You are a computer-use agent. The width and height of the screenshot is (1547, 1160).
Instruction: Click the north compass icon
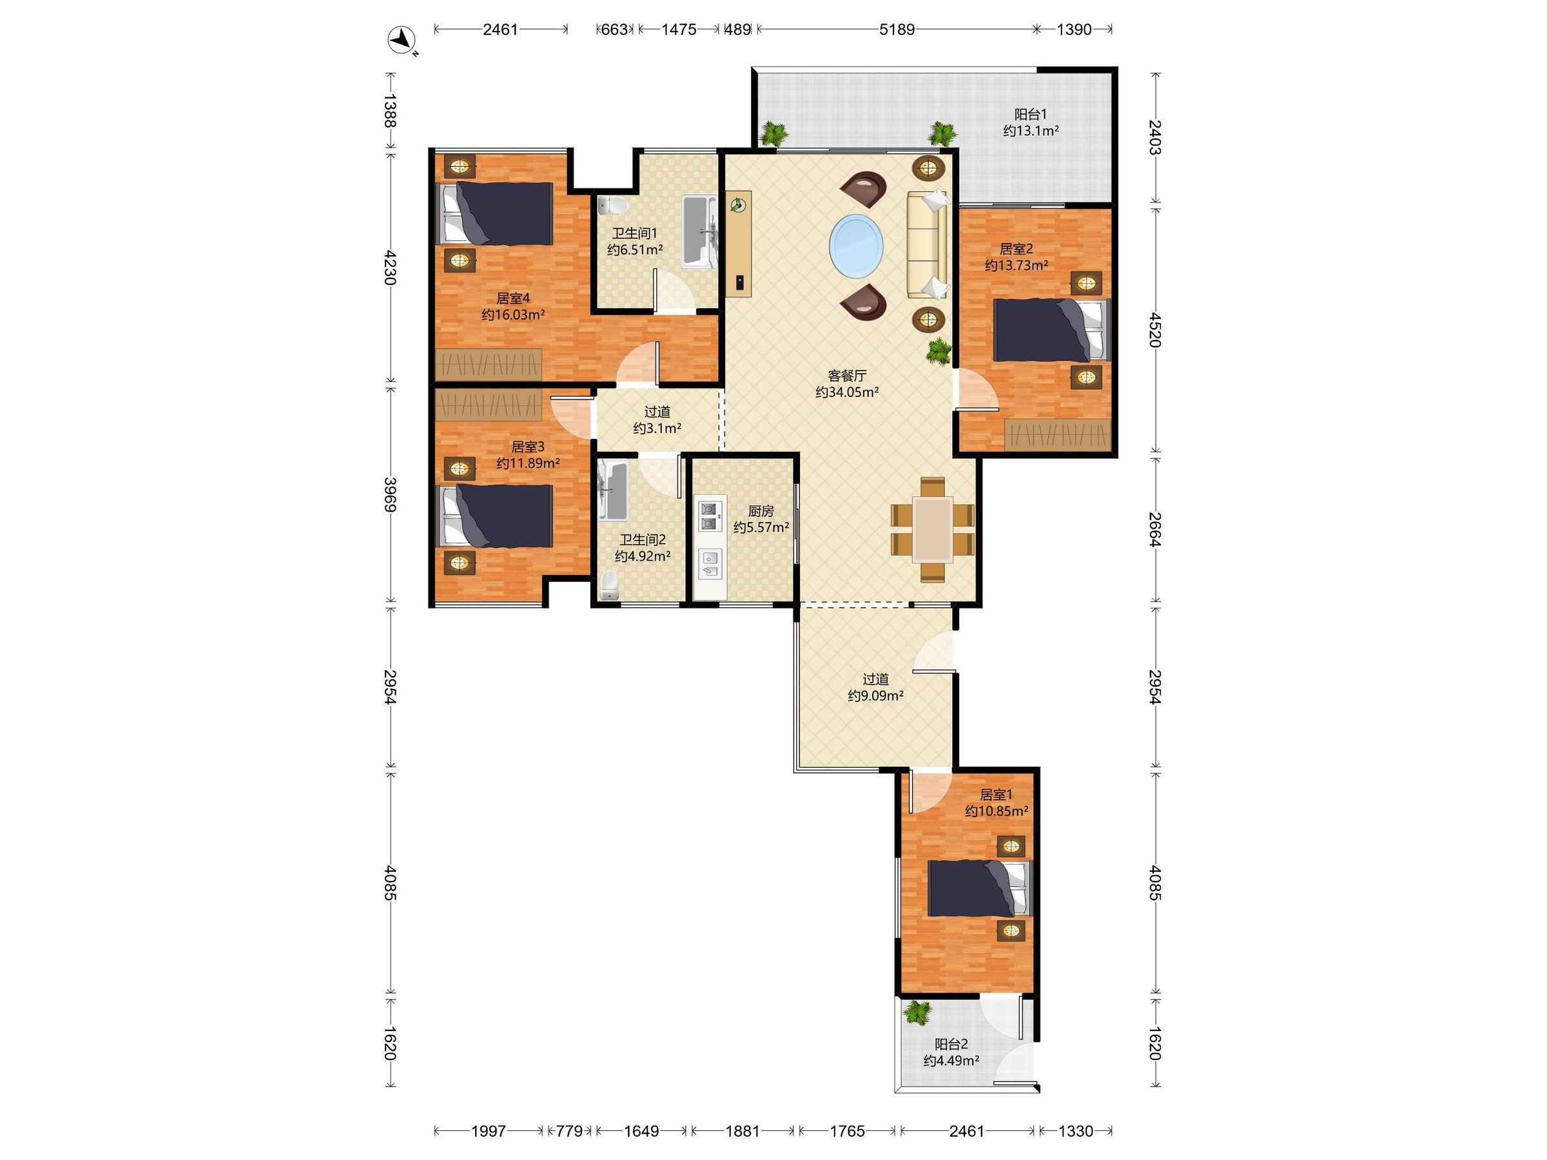click(402, 41)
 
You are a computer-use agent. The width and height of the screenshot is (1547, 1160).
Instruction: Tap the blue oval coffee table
click(856, 246)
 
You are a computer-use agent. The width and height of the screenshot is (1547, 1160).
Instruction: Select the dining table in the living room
click(933, 529)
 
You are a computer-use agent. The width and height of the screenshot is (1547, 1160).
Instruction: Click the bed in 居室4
click(494, 213)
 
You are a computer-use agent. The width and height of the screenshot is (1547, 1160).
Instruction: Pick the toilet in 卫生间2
click(610, 585)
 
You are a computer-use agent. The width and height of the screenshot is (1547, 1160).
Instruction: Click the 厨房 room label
click(761, 511)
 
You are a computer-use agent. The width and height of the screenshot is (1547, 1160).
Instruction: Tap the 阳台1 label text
click(1031, 114)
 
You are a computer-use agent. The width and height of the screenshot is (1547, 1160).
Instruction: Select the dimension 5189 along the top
click(897, 30)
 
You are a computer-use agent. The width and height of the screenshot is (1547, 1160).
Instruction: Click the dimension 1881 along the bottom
click(742, 1130)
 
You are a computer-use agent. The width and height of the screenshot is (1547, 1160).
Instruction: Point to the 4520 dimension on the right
click(1155, 329)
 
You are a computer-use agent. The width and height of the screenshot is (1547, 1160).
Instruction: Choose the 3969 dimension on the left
click(390, 494)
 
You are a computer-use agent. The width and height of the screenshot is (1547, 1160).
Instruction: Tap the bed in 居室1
click(979, 888)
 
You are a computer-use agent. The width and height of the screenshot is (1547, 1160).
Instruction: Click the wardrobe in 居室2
click(1058, 434)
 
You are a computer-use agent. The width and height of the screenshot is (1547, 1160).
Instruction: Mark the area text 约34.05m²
click(847, 393)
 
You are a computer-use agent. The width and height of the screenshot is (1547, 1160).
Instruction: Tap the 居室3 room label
click(528, 447)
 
